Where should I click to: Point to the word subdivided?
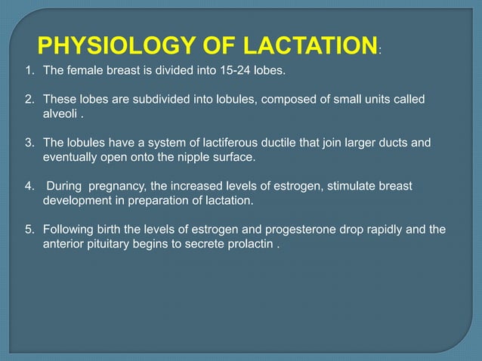click(141, 100)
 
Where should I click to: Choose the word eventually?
click(73, 157)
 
